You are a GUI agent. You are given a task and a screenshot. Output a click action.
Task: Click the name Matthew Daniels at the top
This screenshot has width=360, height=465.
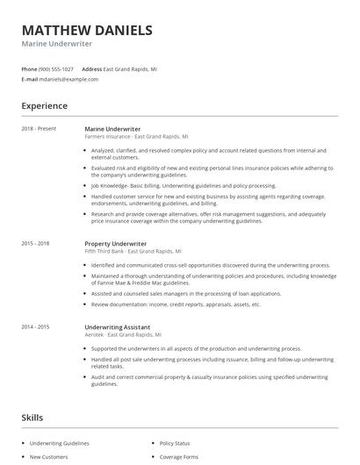pyautogui.click(x=87, y=30)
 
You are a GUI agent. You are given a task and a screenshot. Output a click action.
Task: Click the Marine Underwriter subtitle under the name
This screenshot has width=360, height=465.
pyautogui.click(x=58, y=44)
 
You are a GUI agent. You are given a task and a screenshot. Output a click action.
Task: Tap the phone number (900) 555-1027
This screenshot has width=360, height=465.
pyautogui.click(x=56, y=68)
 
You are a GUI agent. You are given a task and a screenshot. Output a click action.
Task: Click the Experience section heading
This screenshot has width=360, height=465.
pyautogui.click(x=45, y=106)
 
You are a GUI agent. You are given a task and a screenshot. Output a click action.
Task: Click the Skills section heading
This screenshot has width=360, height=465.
pyautogui.click(x=32, y=418)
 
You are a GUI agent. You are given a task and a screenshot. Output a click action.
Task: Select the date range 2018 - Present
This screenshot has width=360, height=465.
pyautogui.click(x=39, y=129)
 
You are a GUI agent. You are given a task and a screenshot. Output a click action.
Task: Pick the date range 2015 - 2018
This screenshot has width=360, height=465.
pyautogui.click(x=36, y=243)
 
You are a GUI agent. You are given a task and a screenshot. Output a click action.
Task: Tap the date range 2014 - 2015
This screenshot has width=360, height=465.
pyautogui.click(x=36, y=327)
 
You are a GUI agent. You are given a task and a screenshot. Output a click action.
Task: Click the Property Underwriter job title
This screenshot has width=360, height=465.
pyautogui.click(x=115, y=243)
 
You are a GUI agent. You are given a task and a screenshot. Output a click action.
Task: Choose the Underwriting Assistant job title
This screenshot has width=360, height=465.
pyautogui.click(x=117, y=327)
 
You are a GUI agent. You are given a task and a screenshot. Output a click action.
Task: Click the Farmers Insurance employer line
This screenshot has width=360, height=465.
pyautogui.click(x=134, y=137)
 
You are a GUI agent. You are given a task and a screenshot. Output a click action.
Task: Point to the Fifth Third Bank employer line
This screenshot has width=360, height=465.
pyautogui.click(x=133, y=251)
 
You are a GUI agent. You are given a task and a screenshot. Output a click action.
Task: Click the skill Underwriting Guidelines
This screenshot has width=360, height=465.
pyautogui.click(x=61, y=444)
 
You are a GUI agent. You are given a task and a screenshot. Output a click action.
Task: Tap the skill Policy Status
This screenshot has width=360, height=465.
pyautogui.click(x=175, y=444)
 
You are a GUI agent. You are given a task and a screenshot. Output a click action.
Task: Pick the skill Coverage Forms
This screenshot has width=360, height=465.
pyautogui.click(x=179, y=457)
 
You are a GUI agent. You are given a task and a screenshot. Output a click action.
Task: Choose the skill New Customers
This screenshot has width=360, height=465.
pyautogui.click(x=49, y=457)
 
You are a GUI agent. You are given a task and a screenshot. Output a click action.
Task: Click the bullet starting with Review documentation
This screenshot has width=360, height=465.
pyautogui.click(x=176, y=304)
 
